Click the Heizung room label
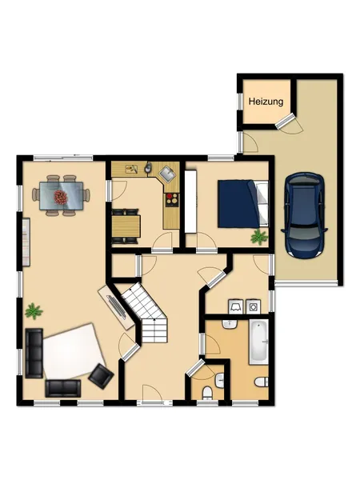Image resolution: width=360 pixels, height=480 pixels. [266, 102]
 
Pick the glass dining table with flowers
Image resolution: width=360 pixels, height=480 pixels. [62, 196]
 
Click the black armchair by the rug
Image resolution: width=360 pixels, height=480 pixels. [101, 376]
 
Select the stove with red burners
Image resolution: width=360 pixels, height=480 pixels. [172, 199]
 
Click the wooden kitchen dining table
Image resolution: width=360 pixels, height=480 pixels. [126, 226]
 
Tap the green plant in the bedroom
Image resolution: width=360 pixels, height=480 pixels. [259, 237]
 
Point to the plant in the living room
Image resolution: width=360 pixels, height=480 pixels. [34, 310]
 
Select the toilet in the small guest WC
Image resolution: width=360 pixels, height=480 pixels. [207, 393]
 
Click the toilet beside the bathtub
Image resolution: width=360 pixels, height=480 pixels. [262, 382]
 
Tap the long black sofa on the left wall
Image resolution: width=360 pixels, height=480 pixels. [34, 353]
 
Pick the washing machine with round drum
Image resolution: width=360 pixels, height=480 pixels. [254, 306]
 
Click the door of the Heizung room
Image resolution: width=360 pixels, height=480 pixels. [286, 120]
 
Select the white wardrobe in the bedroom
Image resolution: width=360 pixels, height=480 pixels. [190, 201]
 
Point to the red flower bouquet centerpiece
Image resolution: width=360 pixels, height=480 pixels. [61, 197]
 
